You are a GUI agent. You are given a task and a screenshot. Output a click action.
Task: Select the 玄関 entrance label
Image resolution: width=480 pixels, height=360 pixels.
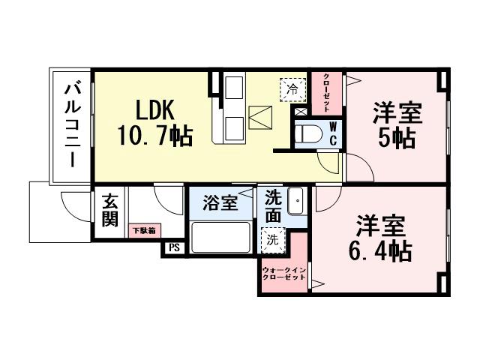(110, 211)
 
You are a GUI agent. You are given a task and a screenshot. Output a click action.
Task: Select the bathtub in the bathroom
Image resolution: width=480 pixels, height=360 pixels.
(220, 236)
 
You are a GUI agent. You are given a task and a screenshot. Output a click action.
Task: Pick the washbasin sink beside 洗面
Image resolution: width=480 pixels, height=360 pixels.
(295, 202)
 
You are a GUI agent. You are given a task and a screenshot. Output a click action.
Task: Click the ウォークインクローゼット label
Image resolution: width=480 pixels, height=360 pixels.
(283, 274)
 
